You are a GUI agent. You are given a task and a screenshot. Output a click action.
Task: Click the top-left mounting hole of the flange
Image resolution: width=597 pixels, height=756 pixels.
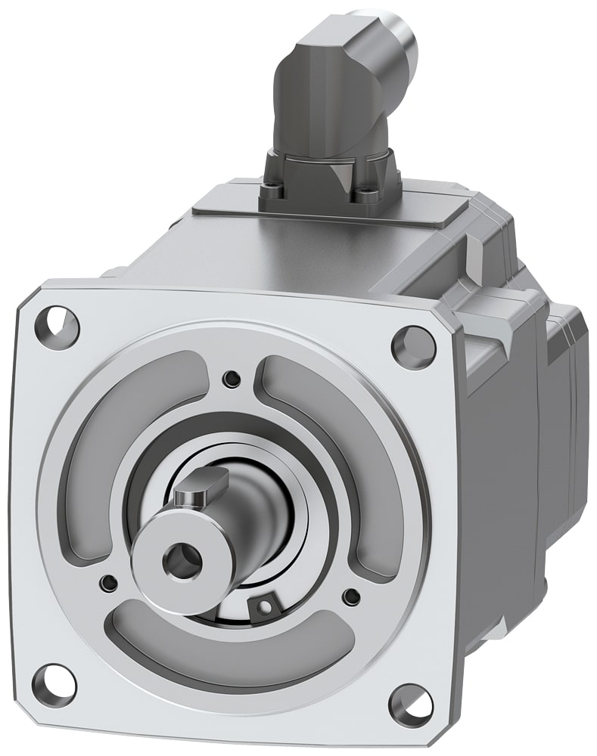tap(57, 324)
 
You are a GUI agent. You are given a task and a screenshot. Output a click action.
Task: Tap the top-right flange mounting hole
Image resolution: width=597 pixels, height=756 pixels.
tap(413, 347)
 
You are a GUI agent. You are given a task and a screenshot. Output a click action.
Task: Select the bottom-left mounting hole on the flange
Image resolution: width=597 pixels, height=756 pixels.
tap(54, 683)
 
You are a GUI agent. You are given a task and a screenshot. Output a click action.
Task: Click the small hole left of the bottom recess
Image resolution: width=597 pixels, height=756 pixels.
tap(109, 582)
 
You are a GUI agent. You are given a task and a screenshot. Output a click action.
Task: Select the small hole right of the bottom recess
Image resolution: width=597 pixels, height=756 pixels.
tap(350, 596)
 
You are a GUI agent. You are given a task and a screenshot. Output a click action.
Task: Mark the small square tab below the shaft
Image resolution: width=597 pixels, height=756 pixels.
tap(264, 606)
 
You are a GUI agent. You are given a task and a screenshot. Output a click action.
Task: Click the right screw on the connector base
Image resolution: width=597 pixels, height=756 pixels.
tap(368, 194)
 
